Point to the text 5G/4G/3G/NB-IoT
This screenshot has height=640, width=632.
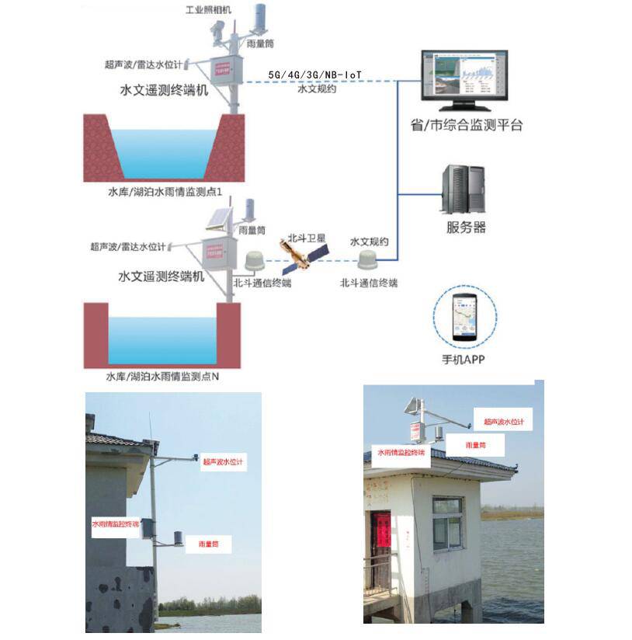[315, 74]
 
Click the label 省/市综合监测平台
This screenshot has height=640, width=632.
[466, 124]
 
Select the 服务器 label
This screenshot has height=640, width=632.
[466, 228]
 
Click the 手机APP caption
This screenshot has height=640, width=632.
[462, 360]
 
